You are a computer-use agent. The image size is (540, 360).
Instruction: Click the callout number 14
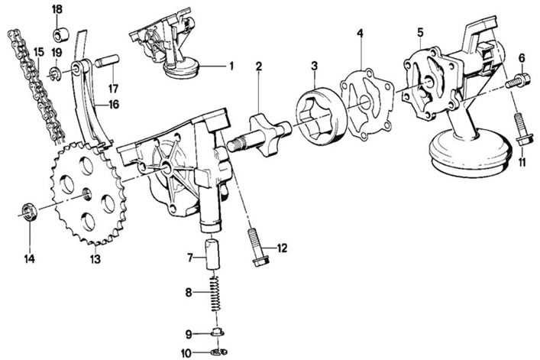click(x=30, y=258)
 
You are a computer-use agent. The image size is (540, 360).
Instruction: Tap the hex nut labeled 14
click(x=29, y=212)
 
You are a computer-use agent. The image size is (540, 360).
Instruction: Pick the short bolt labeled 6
click(x=517, y=82)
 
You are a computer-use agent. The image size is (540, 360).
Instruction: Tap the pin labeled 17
click(x=108, y=61)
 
